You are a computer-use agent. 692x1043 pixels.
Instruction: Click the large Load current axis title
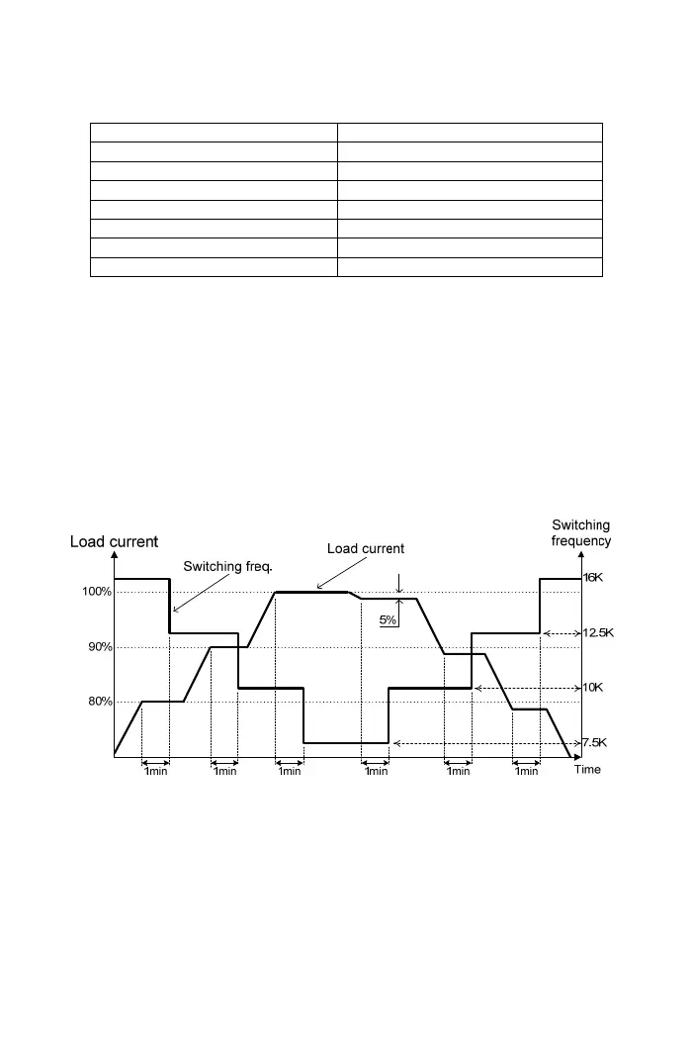coord(115,541)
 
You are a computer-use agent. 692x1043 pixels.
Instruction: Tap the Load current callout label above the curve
coord(366,548)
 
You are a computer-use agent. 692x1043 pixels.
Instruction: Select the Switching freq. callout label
coord(228,567)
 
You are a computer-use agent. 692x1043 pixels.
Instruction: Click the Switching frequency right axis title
coord(580,532)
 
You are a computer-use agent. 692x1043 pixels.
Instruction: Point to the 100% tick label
coord(97,592)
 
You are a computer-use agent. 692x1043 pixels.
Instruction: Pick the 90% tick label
coord(97,647)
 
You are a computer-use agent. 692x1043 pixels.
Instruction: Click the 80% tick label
coord(97,702)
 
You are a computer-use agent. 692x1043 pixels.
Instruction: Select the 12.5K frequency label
coord(596,632)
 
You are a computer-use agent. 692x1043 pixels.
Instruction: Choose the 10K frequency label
coord(591,687)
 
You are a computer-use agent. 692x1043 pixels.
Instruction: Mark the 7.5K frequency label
coord(594,742)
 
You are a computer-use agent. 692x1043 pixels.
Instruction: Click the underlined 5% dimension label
coord(389,621)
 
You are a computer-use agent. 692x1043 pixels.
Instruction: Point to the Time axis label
coord(587,769)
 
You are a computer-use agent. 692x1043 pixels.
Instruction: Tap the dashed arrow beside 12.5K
coord(561,632)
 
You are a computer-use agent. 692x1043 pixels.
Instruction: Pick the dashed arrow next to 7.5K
coord(484,742)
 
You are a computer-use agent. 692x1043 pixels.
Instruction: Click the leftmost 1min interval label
coord(156,772)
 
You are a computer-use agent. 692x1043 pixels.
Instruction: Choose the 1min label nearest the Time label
coord(526,772)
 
